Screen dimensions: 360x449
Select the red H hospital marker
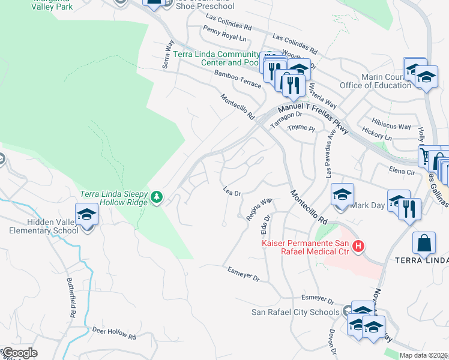pyautogui.click(x=358, y=246)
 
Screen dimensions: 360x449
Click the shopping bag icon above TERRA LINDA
pyautogui.click(x=423, y=242)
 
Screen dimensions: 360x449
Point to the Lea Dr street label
pyautogui.click(x=232, y=192)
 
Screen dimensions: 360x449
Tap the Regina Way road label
pyautogui.click(x=259, y=209)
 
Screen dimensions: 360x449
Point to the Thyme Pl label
pyautogui.click(x=301, y=128)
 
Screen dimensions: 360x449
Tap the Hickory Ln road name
pyautogui.click(x=377, y=133)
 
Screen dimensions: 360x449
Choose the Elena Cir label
pyautogui.click(x=402, y=172)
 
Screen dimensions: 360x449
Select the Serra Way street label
pyautogui.click(x=169, y=55)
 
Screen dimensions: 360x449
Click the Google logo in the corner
pyautogui.click(x=19, y=353)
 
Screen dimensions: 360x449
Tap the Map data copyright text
pyautogui.click(x=424, y=355)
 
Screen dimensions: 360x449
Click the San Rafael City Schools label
pyautogui.click(x=295, y=312)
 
